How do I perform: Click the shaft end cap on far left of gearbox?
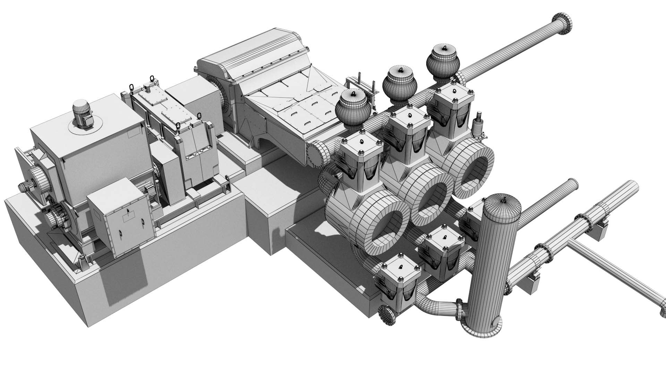pos(24,187)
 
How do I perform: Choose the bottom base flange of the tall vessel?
pos(482,330)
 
